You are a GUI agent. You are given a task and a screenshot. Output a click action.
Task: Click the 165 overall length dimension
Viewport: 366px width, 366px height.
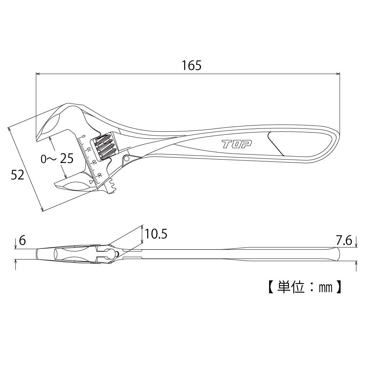191,66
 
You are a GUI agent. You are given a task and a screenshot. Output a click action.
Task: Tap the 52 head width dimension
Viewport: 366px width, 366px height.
18,175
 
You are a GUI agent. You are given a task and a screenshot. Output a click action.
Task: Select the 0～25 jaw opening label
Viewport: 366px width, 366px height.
57,159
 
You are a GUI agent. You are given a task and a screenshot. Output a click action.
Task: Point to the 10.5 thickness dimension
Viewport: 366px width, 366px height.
156,234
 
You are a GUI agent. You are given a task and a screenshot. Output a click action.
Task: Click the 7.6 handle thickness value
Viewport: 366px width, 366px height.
344,240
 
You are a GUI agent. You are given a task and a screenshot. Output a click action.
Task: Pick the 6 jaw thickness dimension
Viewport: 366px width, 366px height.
22,240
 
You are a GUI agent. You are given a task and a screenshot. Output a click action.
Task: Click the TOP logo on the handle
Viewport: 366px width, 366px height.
236,144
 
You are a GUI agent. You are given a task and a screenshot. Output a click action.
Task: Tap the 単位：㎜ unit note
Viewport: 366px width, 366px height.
305,287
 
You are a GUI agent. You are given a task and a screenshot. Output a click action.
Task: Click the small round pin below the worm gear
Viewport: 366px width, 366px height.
127,159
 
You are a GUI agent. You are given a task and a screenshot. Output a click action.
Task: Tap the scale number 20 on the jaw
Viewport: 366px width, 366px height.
94,162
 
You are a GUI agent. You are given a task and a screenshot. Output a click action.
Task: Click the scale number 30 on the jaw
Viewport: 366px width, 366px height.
99,175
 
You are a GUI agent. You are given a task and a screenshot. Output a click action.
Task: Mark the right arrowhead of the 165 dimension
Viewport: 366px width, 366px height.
338,74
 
